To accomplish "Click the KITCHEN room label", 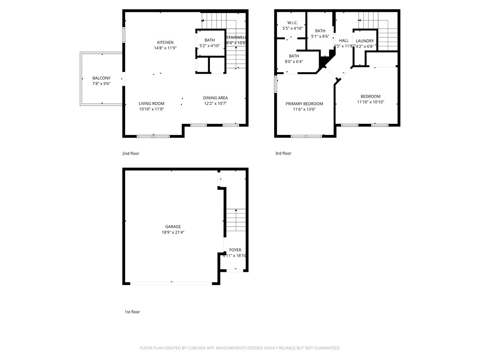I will (x=165, y=42).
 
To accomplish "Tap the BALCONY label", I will (x=101, y=78).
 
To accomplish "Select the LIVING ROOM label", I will (x=151, y=104).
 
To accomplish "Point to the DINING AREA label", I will (x=215, y=98).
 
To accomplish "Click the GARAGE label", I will (x=172, y=226).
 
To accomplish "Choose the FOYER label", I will (x=235, y=250).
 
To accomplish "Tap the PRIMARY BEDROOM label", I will (x=304, y=104).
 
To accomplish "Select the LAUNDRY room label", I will (x=365, y=41).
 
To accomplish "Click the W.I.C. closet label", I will (x=293, y=22).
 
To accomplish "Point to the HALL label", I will (x=344, y=41).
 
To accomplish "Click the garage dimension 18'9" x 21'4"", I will (x=172, y=232).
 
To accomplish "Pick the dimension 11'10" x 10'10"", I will (x=370, y=102).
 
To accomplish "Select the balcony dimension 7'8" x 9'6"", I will (x=101, y=84).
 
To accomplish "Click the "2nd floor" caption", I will (x=131, y=153).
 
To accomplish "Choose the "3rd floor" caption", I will (x=283, y=153).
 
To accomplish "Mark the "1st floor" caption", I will (x=132, y=312).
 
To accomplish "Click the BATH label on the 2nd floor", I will (x=210, y=40).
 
